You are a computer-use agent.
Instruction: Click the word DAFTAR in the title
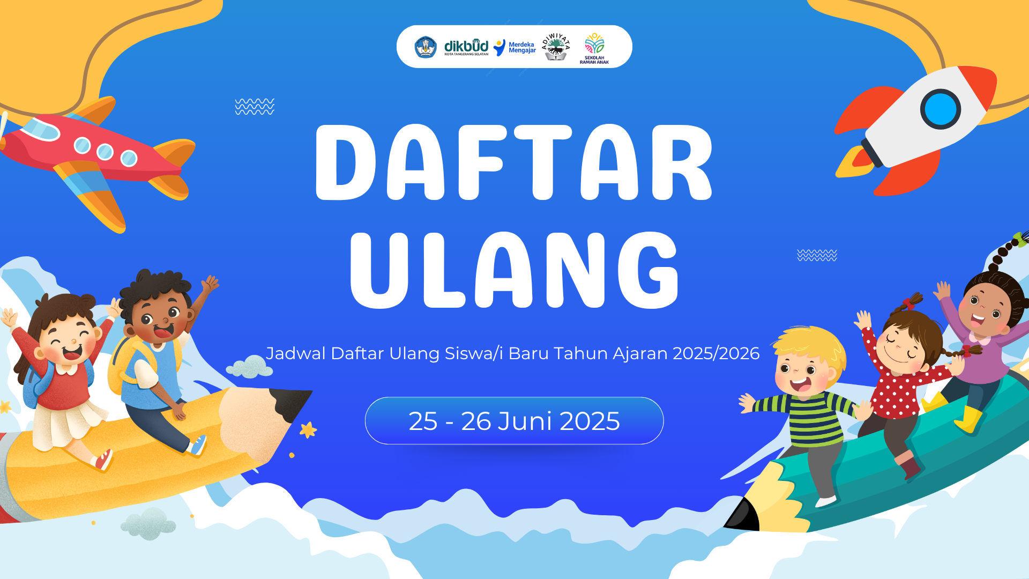(x=513, y=162)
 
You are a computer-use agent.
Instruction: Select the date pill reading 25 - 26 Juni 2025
(x=514, y=421)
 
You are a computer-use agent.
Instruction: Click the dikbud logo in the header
(x=466, y=47)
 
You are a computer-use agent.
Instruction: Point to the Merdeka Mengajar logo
(x=514, y=47)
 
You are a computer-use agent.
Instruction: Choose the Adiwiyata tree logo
(x=556, y=47)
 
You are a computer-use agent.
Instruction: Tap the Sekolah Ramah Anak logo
(x=594, y=47)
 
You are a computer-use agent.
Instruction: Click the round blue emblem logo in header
(x=426, y=47)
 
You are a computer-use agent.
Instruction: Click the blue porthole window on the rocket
(x=940, y=109)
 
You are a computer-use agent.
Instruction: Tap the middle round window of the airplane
(x=105, y=152)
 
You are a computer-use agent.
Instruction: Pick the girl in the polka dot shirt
(x=906, y=375)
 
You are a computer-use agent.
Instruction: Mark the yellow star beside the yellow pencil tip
(x=308, y=429)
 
